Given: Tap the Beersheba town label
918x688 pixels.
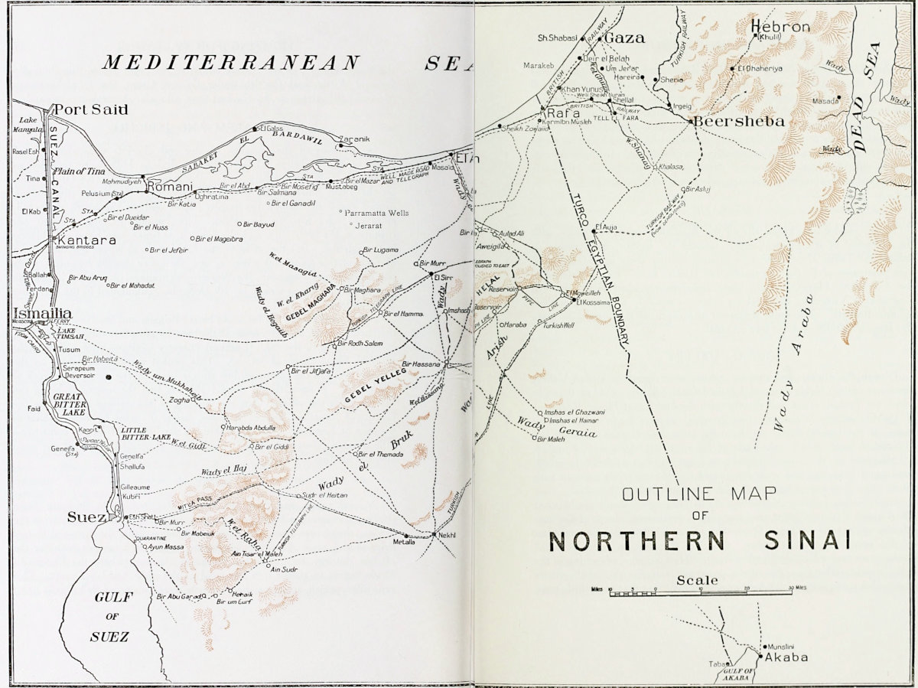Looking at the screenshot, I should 728,122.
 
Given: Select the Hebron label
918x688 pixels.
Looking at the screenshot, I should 780,27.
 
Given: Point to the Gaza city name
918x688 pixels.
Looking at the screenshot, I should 625,37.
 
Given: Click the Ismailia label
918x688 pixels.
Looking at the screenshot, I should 43,314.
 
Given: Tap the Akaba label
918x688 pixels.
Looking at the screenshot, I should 783,657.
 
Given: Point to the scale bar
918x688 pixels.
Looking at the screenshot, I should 699,592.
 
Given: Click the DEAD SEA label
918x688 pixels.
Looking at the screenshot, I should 868,98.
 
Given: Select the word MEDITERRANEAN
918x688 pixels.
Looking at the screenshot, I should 231,62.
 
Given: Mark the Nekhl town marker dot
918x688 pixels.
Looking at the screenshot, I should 433,534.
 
